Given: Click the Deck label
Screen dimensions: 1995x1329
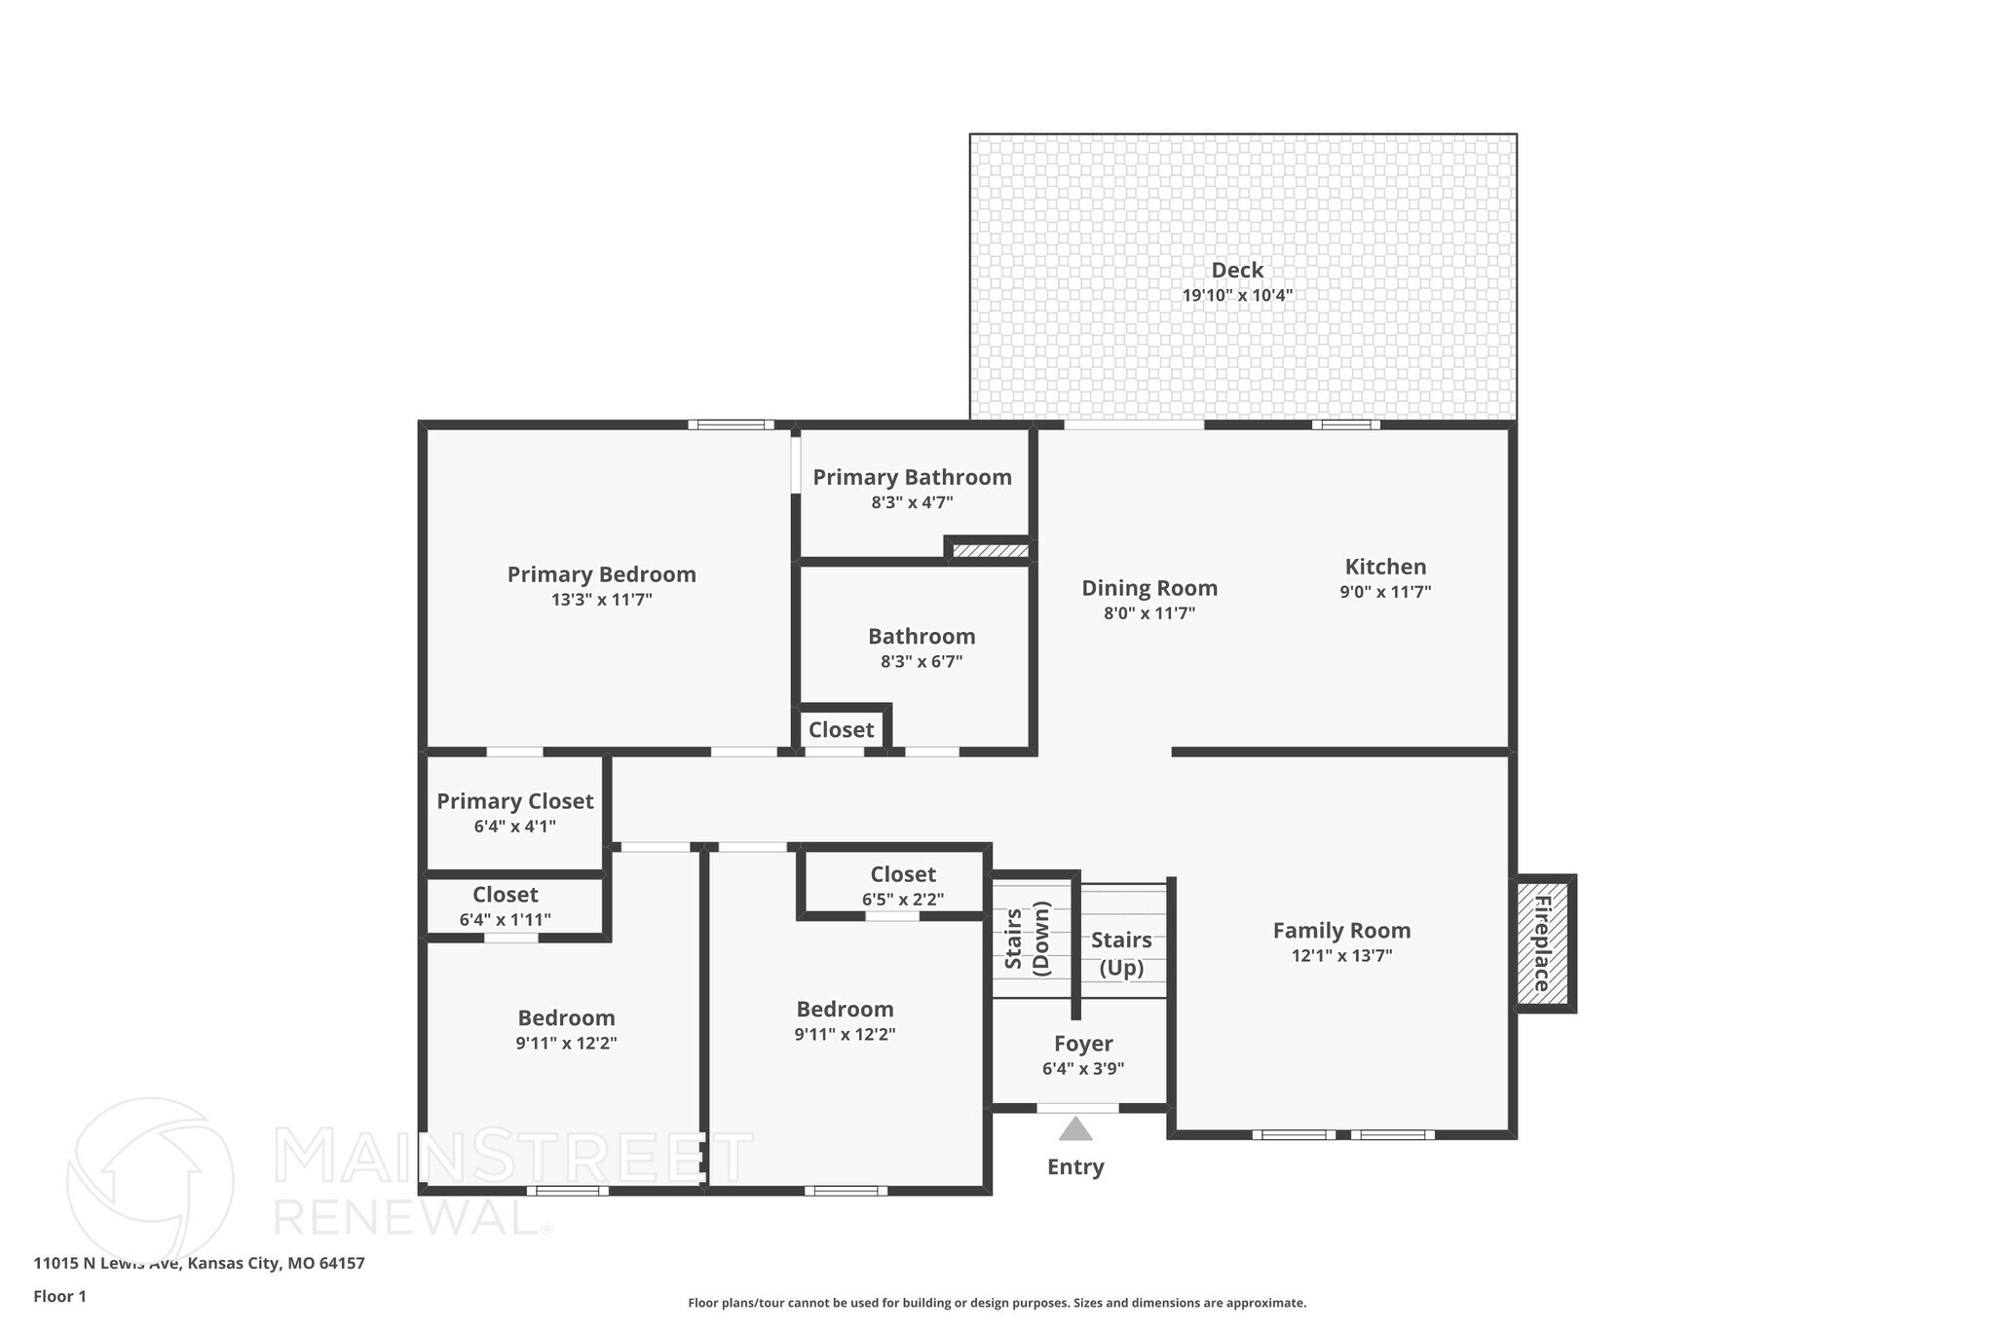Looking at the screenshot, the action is point(1237,271).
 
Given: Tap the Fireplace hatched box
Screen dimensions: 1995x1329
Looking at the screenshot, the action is point(1543,943).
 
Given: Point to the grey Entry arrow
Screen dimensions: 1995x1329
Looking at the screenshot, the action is point(1075,1128).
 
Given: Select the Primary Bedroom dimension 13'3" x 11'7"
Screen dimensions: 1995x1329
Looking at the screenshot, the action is point(602,600).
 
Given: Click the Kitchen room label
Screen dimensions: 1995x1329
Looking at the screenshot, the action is point(1385,567).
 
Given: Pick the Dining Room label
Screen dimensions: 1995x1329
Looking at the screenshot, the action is point(1149,588).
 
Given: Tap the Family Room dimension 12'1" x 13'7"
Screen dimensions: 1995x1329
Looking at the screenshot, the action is point(1342,956).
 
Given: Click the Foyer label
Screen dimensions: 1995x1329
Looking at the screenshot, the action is point(1083,1044).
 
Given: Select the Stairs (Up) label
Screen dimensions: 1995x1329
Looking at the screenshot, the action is point(1121,954).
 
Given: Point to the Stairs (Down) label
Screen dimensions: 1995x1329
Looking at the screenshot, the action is point(1028,939).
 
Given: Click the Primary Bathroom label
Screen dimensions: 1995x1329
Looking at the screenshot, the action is point(913,477).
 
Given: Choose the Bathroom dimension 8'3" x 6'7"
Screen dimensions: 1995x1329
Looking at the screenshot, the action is point(922,662).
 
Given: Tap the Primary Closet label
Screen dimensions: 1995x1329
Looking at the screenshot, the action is point(514,801).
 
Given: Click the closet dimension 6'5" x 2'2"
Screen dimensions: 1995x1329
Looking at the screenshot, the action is point(903,900).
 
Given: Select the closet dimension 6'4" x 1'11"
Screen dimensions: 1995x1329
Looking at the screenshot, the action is point(506,919).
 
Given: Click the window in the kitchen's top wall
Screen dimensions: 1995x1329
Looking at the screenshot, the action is point(1346,425).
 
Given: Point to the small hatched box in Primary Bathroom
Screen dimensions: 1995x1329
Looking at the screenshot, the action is point(990,551).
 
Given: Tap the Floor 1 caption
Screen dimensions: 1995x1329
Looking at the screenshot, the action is point(60,1297).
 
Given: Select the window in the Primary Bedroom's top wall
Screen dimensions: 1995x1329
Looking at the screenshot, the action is point(732,425).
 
